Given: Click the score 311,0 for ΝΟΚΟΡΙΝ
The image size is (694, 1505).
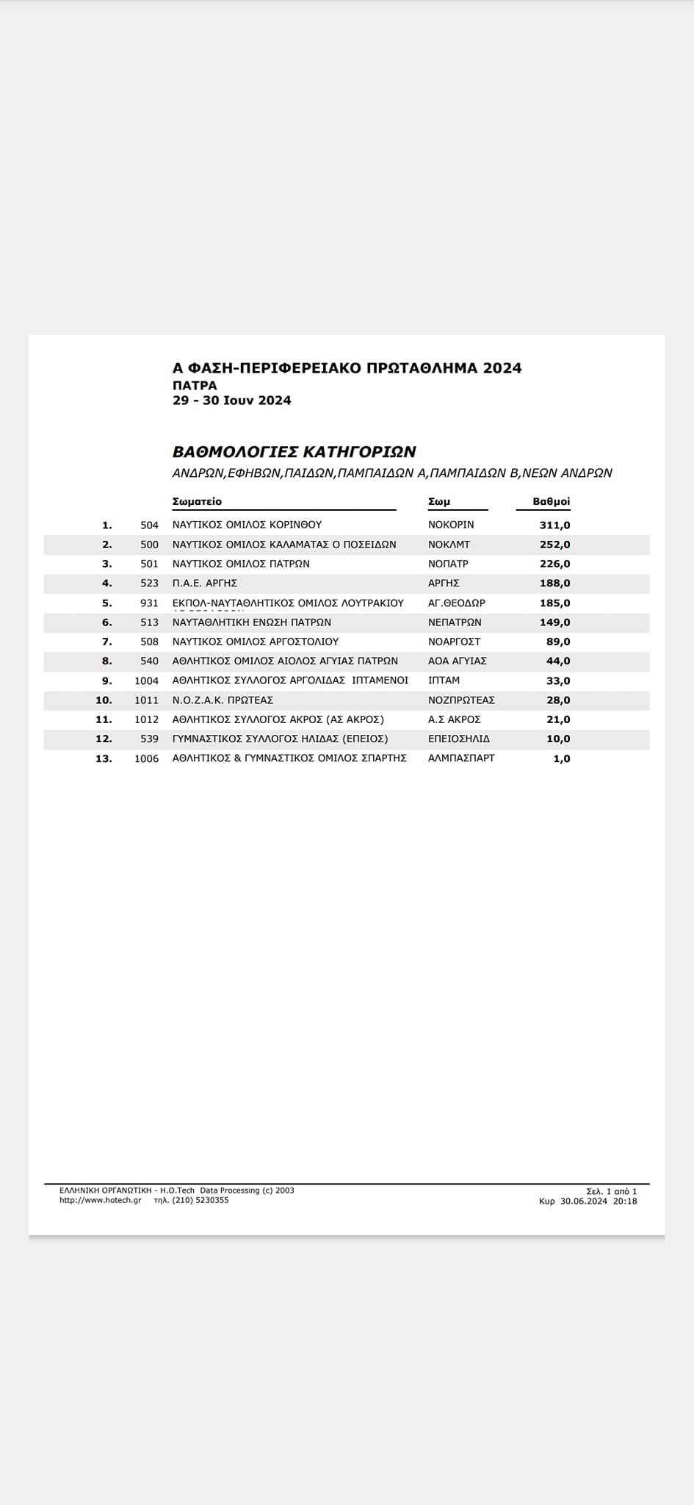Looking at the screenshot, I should [x=554, y=525].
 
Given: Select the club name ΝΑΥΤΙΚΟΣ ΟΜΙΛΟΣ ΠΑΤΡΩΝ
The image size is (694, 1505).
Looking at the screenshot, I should [x=241, y=564].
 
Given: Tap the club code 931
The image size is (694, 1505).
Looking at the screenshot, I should [x=149, y=603].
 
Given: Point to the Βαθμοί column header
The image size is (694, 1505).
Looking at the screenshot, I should [x=552, y=501].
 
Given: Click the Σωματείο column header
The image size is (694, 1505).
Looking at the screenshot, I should [x=197, y=501].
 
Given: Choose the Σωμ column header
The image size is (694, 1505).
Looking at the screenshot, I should [x=439, y=501].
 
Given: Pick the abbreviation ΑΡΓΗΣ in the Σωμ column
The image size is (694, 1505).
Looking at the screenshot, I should [x=444, y=583].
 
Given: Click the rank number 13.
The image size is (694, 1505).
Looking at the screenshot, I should [x=104, y=758].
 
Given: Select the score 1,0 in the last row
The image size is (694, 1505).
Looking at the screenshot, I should [x=561, y=758].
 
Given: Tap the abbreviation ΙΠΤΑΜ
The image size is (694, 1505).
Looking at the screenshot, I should [x=444, y=680].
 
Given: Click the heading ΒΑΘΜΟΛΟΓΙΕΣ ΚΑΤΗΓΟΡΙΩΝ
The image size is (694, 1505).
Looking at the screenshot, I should [x=294, y=451].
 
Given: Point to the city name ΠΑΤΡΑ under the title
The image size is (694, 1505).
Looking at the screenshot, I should [x=195, y=385].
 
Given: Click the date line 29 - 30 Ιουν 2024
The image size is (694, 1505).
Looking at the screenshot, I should [x=231, y=401].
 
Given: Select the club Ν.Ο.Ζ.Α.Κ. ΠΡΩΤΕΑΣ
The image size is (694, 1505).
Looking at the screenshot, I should [x=223, y=700].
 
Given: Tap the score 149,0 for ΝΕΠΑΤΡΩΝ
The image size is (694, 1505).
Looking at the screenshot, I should [x=554, y=622].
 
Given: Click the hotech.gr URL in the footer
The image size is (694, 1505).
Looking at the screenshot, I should [x=101, y=1200].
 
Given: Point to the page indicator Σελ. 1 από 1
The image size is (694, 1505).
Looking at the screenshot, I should [x=612, y=1190].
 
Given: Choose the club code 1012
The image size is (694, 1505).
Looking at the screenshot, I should [x=146, y=719].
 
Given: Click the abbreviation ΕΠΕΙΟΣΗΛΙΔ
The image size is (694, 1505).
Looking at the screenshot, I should [x=459, y=739].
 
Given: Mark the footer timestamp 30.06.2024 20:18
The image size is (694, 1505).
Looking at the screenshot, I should [x=598, y=1201].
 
